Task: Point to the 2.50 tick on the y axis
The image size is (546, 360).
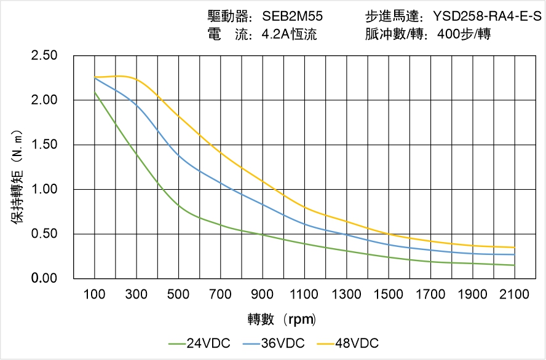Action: point(44,56)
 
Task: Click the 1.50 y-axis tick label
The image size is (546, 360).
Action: point(44,145)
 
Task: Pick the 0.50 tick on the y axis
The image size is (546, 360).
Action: point(44,234)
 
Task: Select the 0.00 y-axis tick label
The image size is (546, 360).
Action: point(44,279)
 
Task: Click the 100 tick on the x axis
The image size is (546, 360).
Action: point(95,294)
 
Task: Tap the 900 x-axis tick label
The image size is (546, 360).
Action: point(263,294)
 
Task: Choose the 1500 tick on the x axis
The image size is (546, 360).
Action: point(389,294)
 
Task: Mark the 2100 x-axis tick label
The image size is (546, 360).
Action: point(515,294)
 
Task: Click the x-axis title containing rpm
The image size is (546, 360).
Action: point(282,319)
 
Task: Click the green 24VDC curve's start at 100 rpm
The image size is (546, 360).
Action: point(95,92)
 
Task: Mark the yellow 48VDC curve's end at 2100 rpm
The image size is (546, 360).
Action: point(515,248)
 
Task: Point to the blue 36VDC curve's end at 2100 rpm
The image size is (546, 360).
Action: point(515,254)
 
